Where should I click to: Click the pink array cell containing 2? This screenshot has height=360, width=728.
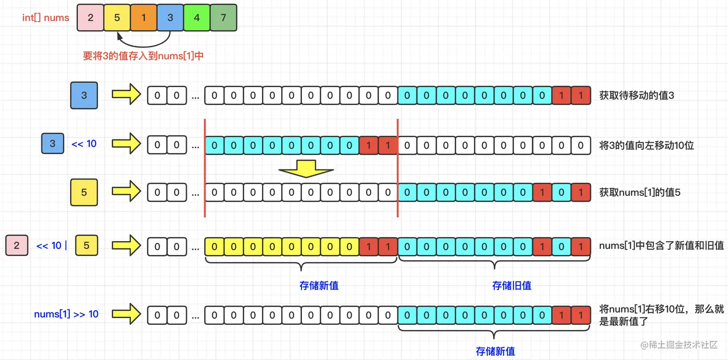[91, 18]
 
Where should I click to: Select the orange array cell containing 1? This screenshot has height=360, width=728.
[143, 18]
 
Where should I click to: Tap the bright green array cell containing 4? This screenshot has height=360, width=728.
[196, 18]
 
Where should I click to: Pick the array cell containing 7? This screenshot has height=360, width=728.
[223, 18]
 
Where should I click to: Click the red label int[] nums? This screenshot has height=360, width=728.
[46, 18]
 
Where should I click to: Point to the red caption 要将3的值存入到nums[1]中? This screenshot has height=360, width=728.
[143, 56]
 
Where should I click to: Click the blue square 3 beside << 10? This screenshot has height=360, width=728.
[52, 143]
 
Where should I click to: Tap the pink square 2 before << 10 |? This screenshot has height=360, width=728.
[17, 245]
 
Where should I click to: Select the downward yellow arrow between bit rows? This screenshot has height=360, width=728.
[306, 169]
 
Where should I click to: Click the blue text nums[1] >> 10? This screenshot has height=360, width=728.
[66, 314]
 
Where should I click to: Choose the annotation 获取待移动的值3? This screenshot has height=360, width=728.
[637, 95]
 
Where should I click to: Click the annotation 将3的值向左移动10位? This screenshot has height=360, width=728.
[646, 145]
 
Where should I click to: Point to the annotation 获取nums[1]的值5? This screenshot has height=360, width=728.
[639, 193]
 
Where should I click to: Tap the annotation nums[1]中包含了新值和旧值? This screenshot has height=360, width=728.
[661, 245]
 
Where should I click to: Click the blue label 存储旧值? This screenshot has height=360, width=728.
[511, 285]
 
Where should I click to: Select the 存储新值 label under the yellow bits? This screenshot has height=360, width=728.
[319, 285]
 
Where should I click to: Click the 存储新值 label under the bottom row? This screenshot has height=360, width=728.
[495, 351]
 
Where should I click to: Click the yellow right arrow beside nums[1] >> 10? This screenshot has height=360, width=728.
[126, 314]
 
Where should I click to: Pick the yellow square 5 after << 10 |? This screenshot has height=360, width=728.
[87, 245]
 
